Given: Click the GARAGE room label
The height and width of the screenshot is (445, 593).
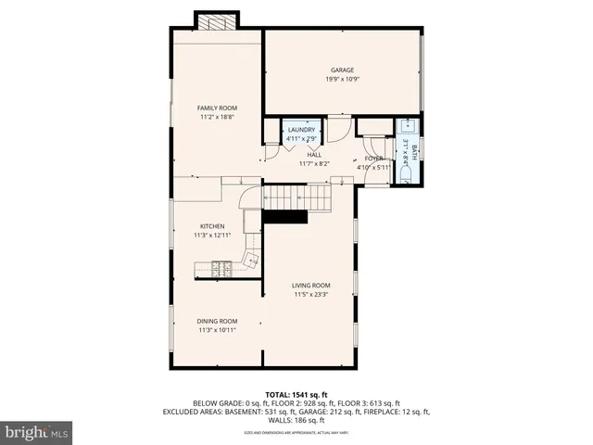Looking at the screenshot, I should coord(343,70).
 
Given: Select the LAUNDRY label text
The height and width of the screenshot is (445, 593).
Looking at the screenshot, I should coord(301,130).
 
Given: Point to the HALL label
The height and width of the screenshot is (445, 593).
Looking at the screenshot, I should coord(314,155).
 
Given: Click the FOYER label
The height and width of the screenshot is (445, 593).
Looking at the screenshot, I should coord(373,159).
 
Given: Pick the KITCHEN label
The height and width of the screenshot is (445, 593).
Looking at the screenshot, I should coord(212,226).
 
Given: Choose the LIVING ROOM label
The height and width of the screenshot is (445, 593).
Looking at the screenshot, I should coord(311,286).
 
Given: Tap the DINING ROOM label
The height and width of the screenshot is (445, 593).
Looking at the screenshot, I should coord(217,321).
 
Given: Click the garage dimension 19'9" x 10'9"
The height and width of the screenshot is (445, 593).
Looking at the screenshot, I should coord(342,80).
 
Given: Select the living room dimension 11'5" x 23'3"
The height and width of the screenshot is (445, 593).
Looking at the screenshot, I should coord(311,295).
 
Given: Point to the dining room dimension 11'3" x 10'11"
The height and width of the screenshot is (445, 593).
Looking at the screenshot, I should coord(217,330).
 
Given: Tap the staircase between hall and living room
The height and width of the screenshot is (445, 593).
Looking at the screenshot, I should coord(296,197).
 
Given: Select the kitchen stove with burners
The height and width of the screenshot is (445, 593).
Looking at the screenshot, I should coord(223,270).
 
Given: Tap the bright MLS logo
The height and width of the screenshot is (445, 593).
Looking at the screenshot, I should coord(36,432).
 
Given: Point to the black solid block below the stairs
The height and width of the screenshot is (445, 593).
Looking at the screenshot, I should coord(285,217).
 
